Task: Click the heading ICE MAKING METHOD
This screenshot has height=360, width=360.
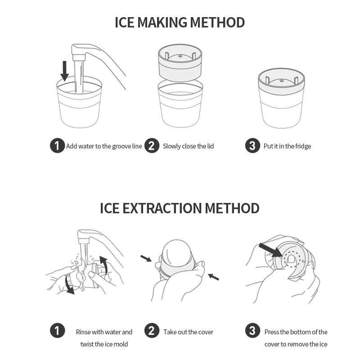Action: tap(180, 22)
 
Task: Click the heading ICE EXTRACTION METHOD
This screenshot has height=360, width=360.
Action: tap(180, 208)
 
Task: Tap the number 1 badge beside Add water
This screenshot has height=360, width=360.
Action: tap(57, 145)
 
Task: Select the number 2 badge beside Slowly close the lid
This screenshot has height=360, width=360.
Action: tap(152, 145)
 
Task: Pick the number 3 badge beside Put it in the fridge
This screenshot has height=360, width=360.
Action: tap(252, 145)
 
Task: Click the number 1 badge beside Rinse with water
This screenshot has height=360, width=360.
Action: tap(57, 331)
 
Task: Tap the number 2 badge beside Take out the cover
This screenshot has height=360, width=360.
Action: tap(152, 331)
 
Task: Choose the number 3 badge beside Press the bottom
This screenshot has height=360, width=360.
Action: tap(252, 331)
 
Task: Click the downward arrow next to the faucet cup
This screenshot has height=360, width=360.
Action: tap(64, 71)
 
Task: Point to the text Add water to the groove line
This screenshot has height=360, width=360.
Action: tap(104, 146)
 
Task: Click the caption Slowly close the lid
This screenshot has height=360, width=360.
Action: tap(188, 146)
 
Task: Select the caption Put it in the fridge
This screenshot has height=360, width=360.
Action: tap(287, 146)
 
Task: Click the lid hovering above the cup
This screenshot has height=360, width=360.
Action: tap(180, 63)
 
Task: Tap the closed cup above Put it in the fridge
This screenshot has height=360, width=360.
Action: tap(282, 98)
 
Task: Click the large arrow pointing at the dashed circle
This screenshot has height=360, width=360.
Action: tap(270, 250)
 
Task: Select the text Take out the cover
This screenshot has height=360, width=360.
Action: tap(188, 332)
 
